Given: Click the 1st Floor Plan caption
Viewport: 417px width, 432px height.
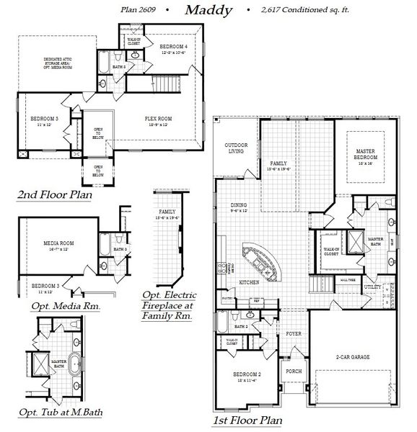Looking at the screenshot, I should pos(247,420).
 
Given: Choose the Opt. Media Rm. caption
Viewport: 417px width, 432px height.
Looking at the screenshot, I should pos(65,306).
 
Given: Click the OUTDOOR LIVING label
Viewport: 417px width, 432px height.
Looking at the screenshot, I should pos(236,148).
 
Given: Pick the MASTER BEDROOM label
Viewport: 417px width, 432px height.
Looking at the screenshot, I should pos(369,155).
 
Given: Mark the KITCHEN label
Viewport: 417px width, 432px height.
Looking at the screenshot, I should pos(249,282).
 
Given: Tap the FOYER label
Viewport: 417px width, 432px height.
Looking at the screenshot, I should pos(293,333).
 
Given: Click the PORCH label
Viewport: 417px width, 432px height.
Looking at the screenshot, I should pos(294,372).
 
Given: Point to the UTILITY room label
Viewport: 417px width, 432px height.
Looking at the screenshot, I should pos(372,287).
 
